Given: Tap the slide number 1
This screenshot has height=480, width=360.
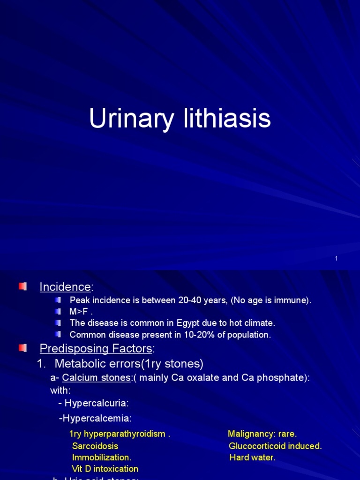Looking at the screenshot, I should (x=337, y=259).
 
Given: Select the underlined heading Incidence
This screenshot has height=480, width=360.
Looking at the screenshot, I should (x=65, y=287).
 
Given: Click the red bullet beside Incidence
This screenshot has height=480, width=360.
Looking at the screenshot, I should (x=22, y=286).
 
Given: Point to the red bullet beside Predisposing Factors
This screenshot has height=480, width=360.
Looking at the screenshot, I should (x=22, y=348).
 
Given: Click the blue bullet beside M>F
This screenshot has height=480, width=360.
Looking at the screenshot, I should (x=58, y=311).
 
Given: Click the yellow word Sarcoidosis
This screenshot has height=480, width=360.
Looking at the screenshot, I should (x=95, y=446).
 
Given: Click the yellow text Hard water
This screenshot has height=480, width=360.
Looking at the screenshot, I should (x=252, y=457).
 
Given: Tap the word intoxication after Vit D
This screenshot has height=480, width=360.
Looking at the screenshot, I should (x=115, y=469).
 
